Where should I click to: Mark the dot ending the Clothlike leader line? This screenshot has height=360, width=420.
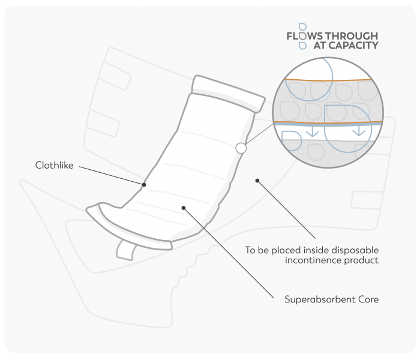pos(144,184)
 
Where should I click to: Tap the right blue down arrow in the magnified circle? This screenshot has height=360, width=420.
pos(358,130)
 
